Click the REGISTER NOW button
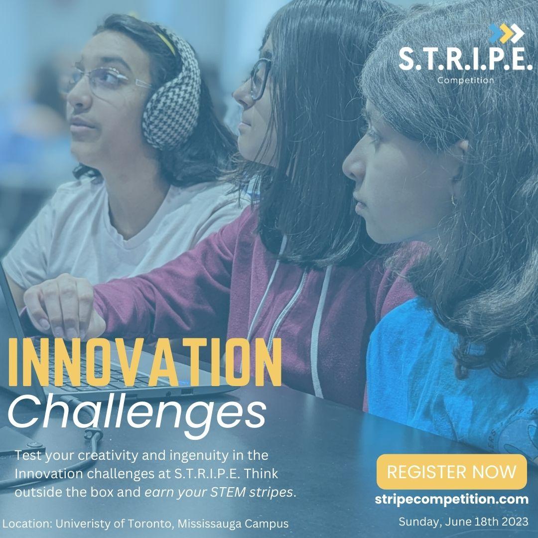451,472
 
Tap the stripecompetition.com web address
451,499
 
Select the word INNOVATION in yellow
145,362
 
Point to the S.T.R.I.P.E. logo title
465,60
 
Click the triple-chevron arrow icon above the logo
507,33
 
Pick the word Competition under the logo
465,80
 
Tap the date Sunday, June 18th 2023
463,522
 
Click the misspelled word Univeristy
83,524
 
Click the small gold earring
454,200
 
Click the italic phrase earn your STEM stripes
220,492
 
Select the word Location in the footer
26,524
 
